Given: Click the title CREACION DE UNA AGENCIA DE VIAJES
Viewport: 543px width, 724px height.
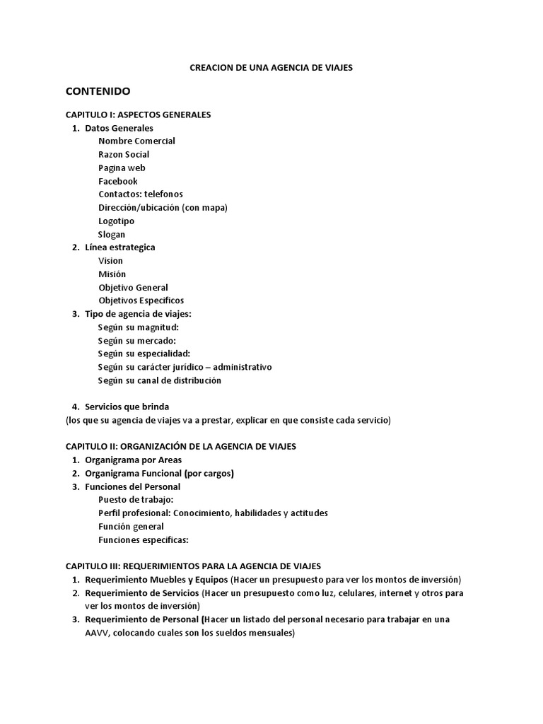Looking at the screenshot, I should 271,68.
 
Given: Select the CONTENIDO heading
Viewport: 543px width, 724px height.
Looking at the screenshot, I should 98,91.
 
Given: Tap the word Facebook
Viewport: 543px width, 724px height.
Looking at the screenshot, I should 118,181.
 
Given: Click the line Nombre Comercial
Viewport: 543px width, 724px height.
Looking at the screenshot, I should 136,141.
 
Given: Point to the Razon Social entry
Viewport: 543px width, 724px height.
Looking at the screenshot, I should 124,154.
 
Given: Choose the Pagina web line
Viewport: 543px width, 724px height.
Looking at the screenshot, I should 122,168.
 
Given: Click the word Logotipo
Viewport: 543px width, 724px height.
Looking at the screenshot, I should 116,221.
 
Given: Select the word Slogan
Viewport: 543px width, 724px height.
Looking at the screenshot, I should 112,234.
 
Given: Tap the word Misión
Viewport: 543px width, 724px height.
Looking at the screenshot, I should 112,274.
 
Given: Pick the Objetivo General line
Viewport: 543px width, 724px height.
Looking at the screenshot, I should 133,288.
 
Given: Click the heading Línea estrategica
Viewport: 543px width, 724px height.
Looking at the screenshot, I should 119,247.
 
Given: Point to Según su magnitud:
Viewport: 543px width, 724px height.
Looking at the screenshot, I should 138,327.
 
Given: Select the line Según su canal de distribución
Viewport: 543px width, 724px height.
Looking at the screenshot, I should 159,380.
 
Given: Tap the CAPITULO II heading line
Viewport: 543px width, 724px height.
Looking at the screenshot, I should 180,447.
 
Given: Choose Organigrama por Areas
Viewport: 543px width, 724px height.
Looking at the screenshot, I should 133,460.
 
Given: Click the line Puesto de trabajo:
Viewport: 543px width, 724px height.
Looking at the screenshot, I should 136,500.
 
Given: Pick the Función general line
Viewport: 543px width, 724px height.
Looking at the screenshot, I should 131,527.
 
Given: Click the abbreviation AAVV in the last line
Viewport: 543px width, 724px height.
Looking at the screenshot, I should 96,633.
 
